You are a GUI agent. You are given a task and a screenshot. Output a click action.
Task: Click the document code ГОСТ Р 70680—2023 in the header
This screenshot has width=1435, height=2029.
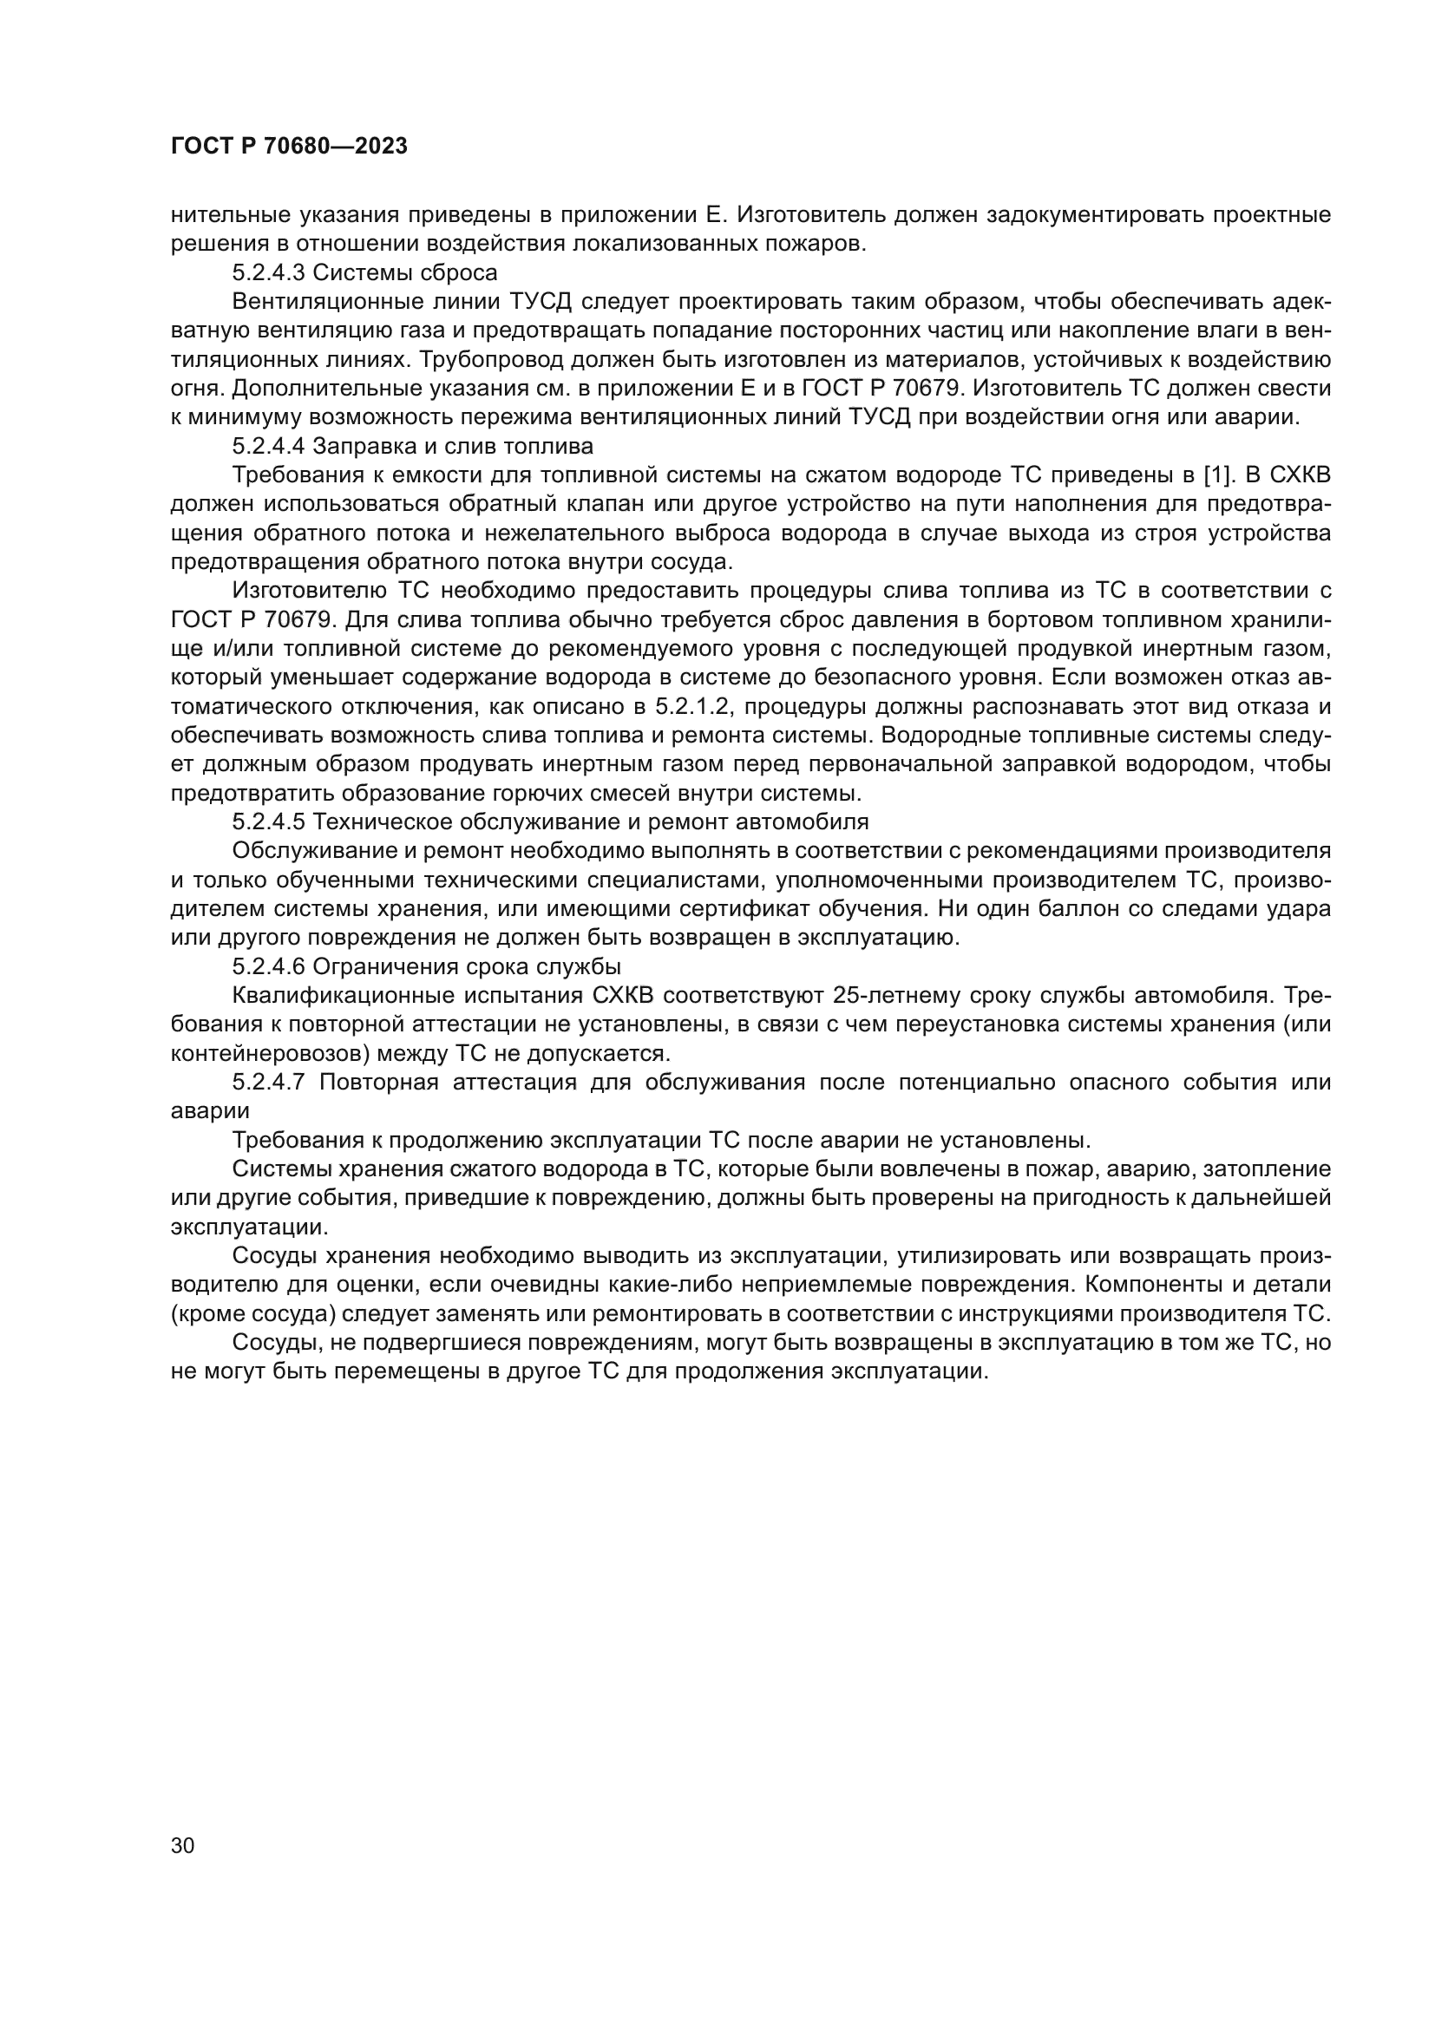click(289, 147)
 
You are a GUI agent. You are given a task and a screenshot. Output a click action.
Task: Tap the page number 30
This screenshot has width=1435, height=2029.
click(183, 1845)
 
